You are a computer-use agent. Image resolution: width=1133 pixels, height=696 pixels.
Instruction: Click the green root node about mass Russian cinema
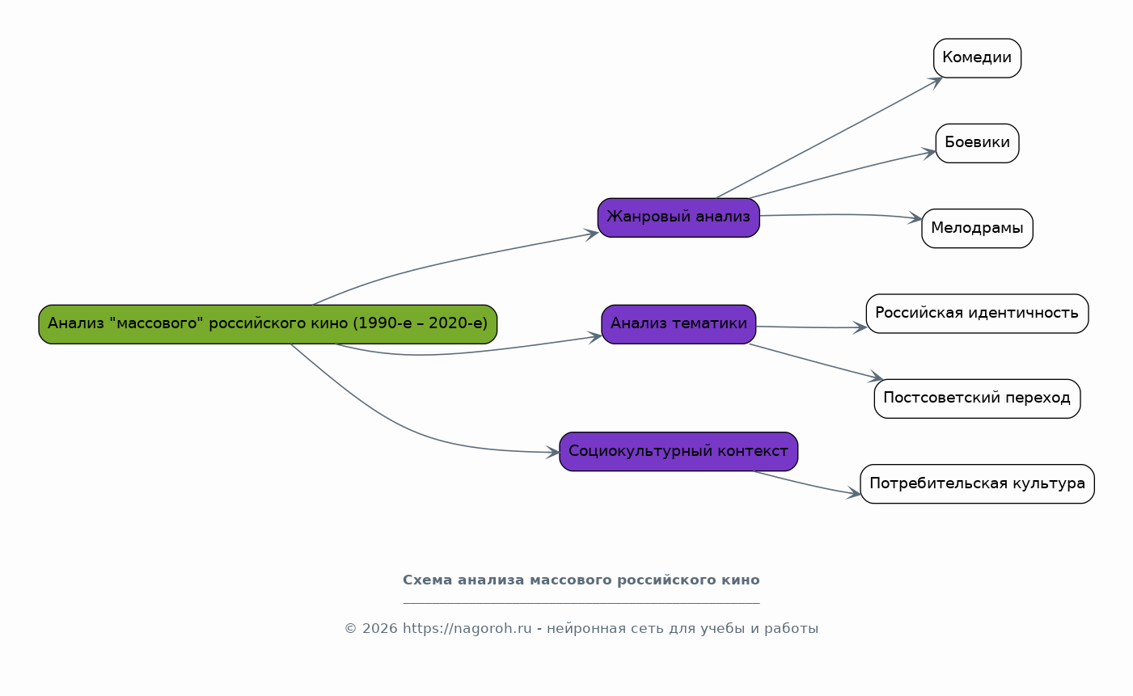(x=268, y=324)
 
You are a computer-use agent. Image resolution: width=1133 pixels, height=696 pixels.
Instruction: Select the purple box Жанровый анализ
(x=679, y=217)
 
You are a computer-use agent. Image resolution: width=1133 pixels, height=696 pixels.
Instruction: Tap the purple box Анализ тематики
(x=679, y=324)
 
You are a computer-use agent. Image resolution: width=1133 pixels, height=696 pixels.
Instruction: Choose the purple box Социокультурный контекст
(x=679, y=451)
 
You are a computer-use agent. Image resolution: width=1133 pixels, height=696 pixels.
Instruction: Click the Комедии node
(x=977, y=58)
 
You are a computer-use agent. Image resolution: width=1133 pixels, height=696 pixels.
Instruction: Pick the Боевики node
(x=977, y=143)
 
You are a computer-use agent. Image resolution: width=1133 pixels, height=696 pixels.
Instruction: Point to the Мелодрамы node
(x=977, y=229)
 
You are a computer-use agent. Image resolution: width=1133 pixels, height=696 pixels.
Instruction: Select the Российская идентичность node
(x=977, y=314)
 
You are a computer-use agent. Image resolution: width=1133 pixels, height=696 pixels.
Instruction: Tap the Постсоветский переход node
(x=977, y=399)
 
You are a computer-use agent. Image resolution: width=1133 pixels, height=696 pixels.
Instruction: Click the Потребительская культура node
(x=977, y=483)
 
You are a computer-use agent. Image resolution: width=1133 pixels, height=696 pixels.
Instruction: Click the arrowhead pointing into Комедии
(x=936, y=82)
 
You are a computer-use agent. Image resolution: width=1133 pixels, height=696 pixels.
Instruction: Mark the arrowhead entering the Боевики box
(x=929, y=153)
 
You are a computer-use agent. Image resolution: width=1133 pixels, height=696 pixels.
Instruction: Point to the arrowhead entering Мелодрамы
(x=915, y=218)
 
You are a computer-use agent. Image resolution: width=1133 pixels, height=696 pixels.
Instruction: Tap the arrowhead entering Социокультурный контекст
(x=552, y=453)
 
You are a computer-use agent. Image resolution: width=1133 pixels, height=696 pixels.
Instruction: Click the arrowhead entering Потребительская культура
(x=854, y=493)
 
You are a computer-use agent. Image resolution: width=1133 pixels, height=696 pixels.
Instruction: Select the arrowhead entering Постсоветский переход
(x=876, y=377)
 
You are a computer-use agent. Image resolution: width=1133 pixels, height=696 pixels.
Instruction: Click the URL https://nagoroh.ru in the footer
(x=467, y=628)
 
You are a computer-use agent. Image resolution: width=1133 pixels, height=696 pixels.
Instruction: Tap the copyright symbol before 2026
(x=350, y=628)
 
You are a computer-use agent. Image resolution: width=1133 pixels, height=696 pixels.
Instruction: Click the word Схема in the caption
(x=428, y=580)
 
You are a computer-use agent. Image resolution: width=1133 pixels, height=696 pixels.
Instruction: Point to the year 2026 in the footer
(x=380, y=628)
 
